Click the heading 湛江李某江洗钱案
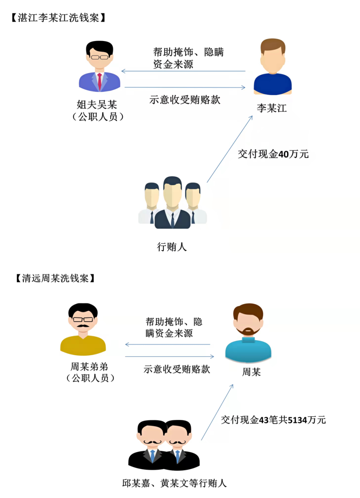[58, 18]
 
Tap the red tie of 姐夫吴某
[100, 81]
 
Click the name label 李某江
[272, 109]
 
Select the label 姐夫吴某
[97, 105]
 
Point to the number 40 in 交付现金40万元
[284, 154]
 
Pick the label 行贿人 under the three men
[172, 247]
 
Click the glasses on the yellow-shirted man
[83, 319]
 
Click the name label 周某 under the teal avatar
[251, 372]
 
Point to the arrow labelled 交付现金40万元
[229, 149]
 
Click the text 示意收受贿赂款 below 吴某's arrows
[185, 100]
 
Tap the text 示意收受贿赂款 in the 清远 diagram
[177, 369]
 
